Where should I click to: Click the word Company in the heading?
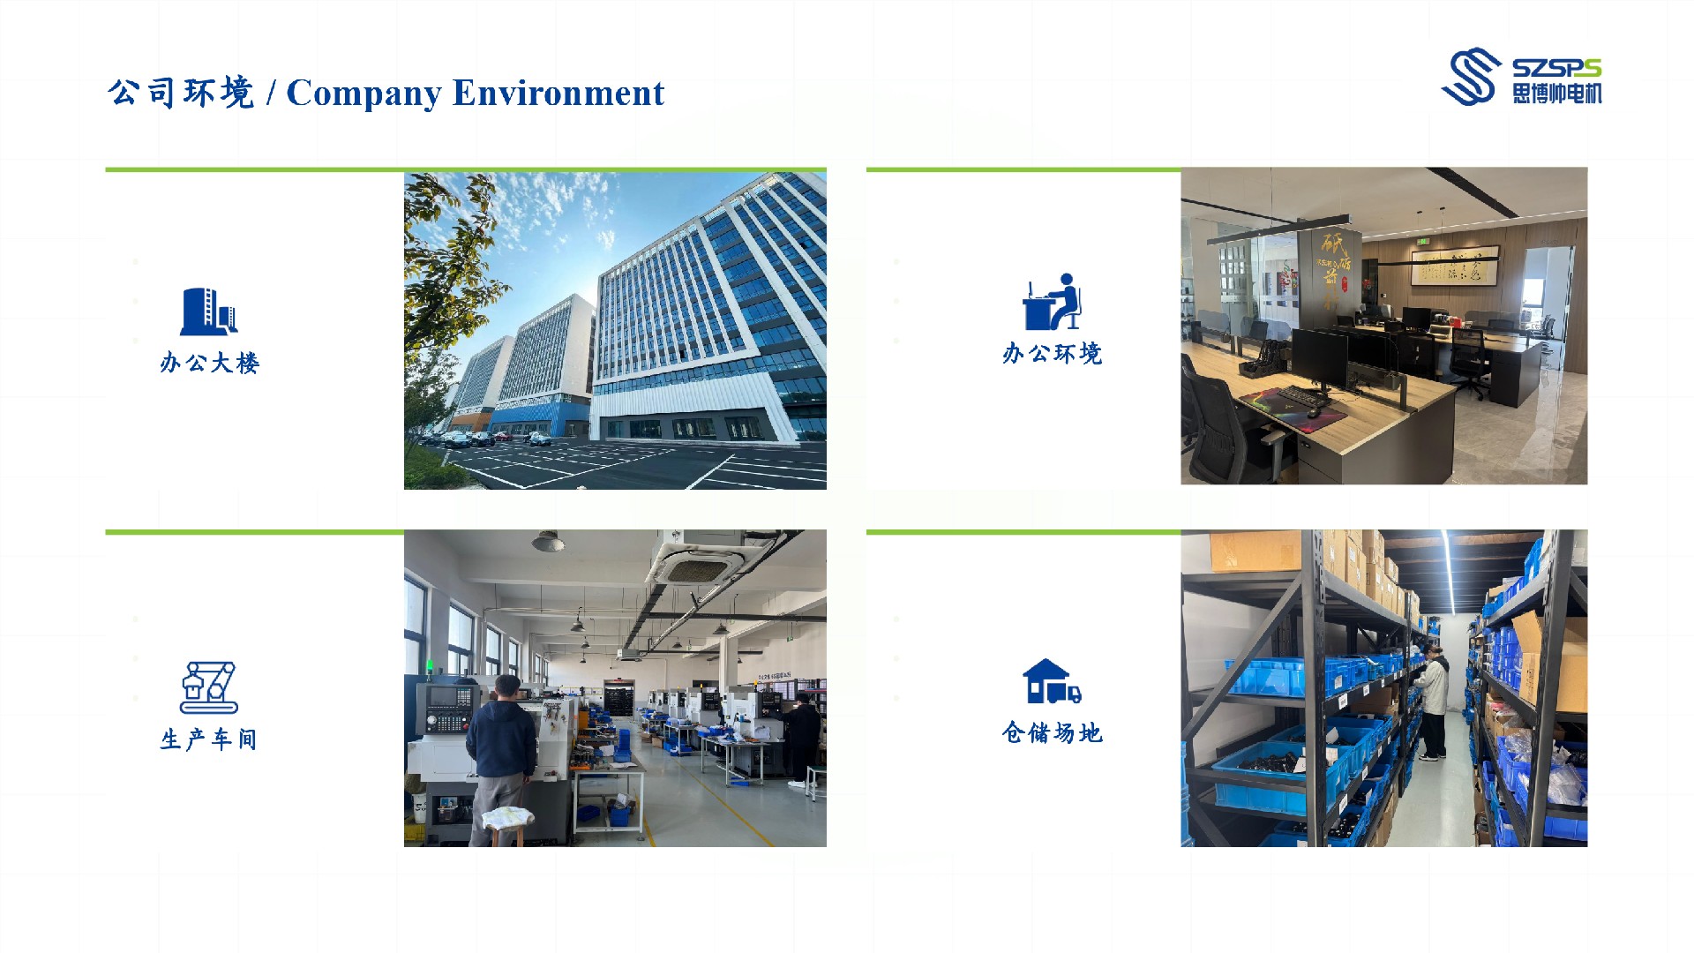tap(364, 94)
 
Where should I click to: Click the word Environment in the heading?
tap(558, 93)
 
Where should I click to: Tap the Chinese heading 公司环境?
tap(182, 93)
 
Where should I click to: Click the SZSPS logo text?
tap(1556, 69)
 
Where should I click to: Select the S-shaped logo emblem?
tap(1472, 76)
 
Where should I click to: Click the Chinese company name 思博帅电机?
tap(1557, 94)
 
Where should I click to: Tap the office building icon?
tap(209, 311)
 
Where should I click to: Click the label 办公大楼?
tap(210, 363)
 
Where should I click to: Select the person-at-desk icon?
tap(1052, 301)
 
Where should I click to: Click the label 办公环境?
tap(1053, 354)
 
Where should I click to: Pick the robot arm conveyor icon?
tap(209, 687)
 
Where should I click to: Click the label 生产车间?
tap(209, 739)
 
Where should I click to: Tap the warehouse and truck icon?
tap(1052, 681)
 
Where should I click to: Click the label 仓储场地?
tap(1053, 732)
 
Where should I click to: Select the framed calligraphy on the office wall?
tap(1455, 266)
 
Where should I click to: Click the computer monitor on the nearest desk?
tap(1320, 359)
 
